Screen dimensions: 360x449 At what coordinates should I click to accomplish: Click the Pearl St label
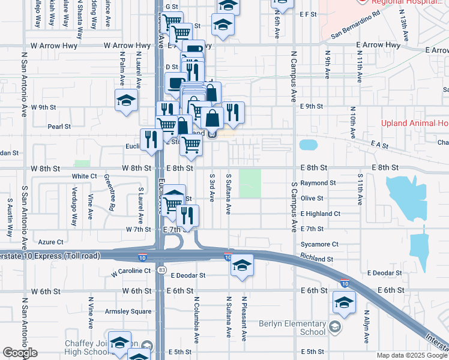(59, 127)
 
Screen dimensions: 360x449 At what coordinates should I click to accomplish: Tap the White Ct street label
(84, 176)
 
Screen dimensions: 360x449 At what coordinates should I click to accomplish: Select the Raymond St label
(318, 182)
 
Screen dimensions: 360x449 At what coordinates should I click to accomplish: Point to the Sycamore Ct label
(320, 244)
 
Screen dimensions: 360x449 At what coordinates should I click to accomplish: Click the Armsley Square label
(128, 311)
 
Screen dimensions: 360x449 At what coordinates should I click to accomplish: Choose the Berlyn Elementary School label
(292, 328)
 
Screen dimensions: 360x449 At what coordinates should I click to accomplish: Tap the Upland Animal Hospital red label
(415, 124)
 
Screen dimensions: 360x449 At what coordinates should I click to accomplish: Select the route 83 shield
(162, 271)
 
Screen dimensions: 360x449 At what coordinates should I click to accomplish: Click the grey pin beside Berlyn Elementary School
(334, 327)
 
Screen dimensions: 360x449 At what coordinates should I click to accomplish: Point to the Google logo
(20, 353)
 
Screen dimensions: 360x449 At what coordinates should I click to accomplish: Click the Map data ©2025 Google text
(412, 356)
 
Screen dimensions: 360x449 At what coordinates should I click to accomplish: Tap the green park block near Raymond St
(250, 183)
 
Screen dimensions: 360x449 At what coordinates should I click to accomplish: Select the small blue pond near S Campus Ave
(308, 145)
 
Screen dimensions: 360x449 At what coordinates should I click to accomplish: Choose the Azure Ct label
(50, 242)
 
